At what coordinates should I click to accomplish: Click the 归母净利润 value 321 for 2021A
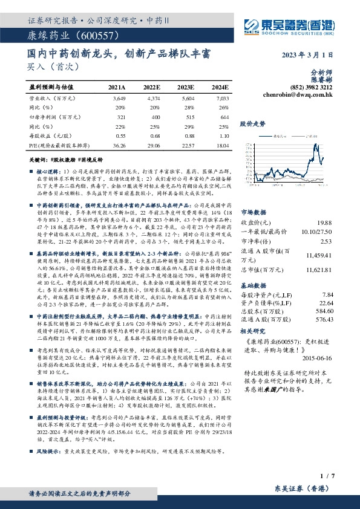[x=122, y=116]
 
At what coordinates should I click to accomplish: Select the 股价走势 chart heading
[x=253, y=124]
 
